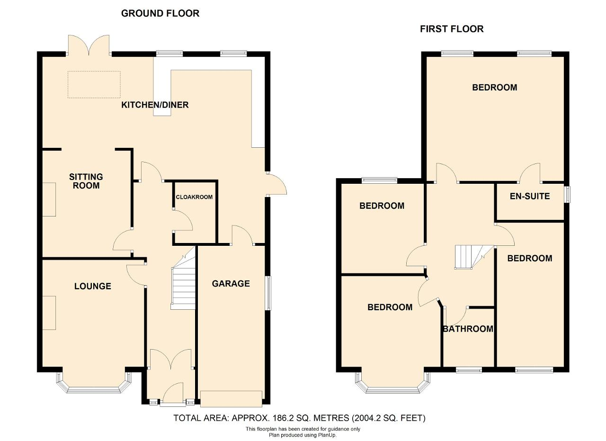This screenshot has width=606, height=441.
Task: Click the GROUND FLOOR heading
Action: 160,13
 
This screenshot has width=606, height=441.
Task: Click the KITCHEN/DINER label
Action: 155,105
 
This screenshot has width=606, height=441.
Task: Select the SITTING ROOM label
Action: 86,181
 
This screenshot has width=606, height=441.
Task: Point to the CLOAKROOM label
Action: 194,197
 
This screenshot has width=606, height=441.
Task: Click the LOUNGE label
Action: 92,286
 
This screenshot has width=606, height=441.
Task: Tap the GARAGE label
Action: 231,283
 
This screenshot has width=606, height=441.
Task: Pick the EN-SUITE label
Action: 530,196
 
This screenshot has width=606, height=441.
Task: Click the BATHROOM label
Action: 468,329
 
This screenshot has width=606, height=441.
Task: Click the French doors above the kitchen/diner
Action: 89,45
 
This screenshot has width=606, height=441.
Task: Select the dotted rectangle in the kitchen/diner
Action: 94,84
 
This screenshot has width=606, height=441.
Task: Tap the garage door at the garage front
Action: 231,398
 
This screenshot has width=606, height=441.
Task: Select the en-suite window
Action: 567,194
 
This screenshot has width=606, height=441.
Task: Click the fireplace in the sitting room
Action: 49,199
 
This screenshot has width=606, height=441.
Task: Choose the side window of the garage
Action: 268,293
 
